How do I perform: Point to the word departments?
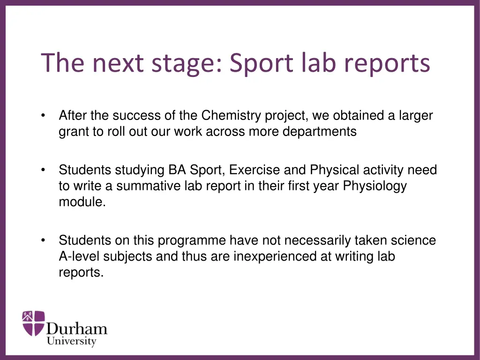pos(319,132)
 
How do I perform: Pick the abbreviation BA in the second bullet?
pos(172,170)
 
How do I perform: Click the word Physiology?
pos(375,186)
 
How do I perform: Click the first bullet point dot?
pos(43,116)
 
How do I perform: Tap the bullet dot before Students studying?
pos(43,170)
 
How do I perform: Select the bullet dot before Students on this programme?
pos(43,241)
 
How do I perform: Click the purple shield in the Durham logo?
pos(34,323)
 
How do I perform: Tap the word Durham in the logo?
pos(77,328)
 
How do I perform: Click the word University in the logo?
pos(71,341)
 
